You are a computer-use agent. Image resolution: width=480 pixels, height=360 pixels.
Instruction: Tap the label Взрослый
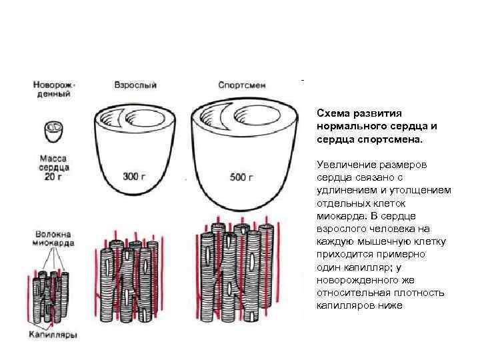[135, 85]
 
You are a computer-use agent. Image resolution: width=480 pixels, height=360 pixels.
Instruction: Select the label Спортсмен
[237, 85]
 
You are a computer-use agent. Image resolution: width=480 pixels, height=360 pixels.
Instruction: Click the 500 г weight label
[241, 177]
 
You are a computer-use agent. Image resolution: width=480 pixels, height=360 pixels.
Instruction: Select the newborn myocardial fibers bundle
[51, 293]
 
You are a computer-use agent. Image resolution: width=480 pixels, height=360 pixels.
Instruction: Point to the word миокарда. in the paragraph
[339, 217]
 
